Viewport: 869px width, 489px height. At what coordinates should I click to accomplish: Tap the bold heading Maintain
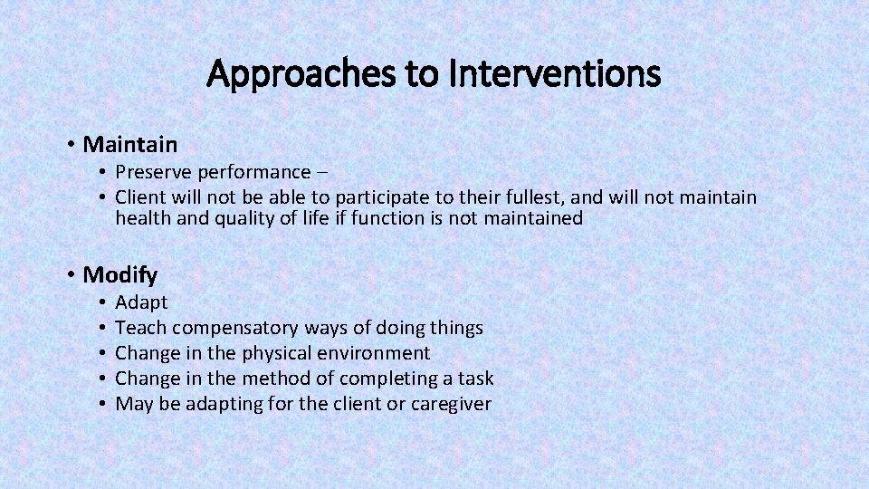click(x=129, y=144)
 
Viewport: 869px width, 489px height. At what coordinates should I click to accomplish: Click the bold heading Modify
click(x=119, y=274)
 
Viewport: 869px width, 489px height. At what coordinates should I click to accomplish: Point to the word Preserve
click(x=152, y=172)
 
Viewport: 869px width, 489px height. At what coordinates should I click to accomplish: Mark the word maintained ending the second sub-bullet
click(x=533, y=218)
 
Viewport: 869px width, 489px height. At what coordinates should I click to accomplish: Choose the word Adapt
click(x=142, y=302)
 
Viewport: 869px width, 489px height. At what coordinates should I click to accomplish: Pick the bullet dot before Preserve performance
click(x=105, y=172)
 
